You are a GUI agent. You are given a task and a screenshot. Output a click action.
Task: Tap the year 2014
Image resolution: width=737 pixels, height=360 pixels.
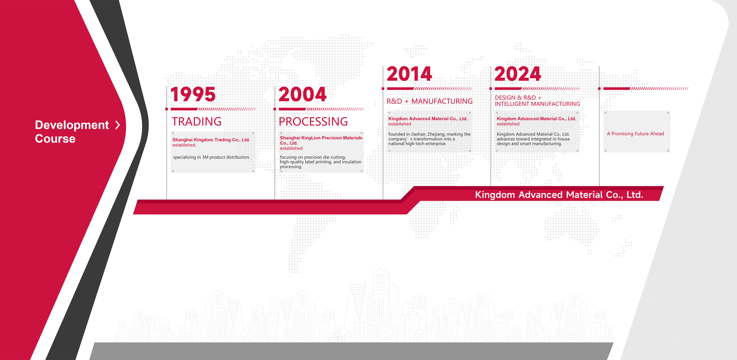[x=409, y=74]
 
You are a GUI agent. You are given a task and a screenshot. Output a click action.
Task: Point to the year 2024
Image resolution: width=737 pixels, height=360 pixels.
[x=518, y=74]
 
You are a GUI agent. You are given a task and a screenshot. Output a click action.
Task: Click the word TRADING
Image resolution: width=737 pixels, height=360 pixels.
[x=197, y=121]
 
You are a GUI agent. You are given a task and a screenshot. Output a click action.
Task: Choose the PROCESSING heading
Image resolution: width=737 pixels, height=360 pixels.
[x=313, y=121]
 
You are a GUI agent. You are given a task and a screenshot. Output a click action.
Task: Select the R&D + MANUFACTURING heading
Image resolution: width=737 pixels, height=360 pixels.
[x=429, y=101]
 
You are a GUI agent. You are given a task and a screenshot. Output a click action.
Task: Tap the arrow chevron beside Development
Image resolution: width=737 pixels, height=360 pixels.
[x=118, y=125]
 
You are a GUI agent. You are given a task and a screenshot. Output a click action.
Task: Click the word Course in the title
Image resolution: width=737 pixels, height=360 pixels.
[x=55, y=139]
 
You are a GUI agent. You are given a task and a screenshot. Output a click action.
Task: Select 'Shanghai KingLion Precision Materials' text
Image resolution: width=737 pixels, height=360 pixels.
[x=321, y=138]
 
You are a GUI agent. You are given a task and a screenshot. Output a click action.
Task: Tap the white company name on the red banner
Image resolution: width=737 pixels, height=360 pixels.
[x=559, y=195]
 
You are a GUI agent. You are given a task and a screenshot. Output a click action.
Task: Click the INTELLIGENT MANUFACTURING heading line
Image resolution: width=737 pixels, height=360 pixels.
[x=537, y=104]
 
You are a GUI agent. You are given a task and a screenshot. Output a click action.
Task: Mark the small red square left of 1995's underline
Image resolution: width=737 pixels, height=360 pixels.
[x=167, y=109]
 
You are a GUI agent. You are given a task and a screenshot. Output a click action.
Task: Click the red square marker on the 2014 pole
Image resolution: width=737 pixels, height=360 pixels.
[x=383, y=89]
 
